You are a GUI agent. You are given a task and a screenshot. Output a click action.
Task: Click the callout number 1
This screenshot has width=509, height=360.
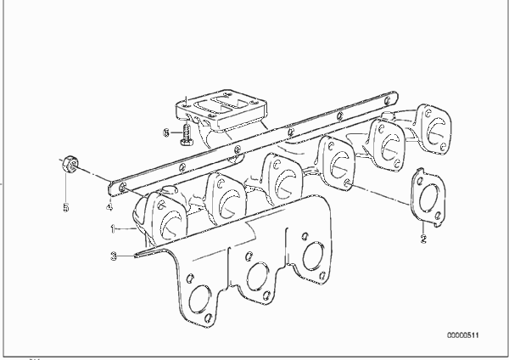[113, 229]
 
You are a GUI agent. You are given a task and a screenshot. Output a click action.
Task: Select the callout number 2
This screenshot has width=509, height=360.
[423, 239]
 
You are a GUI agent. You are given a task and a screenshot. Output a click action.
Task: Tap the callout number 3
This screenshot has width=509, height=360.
[114, 256]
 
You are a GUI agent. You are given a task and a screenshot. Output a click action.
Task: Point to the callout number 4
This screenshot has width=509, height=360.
[109, 206]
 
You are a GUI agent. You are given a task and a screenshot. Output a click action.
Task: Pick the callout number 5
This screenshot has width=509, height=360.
[66, 207]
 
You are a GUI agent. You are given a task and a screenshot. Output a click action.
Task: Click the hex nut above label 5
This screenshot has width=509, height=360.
[70, 164]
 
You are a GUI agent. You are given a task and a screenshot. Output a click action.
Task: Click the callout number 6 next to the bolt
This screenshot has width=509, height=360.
[166, 133]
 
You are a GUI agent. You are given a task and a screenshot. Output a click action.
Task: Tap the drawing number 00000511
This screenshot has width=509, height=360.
[463, 335]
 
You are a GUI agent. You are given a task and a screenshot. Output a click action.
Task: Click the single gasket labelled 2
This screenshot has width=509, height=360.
[428, 197]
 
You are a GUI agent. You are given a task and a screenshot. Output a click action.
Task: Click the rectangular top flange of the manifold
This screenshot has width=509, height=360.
[221, 110]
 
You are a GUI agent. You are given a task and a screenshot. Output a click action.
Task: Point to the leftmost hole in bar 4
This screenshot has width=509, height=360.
[123, 187]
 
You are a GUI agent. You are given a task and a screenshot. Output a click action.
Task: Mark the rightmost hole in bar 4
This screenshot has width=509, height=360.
[388, 100]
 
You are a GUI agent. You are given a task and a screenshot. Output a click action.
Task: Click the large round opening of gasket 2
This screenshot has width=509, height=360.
[428, 197]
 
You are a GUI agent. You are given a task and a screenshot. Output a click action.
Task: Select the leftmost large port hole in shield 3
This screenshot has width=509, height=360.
[199, 300]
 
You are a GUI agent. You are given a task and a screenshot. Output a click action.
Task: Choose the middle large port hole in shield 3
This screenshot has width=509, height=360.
[257, 277]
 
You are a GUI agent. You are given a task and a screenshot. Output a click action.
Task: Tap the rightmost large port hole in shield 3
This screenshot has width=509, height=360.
[313, 256]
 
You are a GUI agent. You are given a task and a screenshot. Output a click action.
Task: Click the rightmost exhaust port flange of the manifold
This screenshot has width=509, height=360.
[434, 129]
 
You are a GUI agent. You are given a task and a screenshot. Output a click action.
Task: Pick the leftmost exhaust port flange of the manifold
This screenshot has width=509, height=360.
[166, 217]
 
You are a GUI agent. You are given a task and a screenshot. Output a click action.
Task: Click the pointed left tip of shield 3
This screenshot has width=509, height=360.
[135, 256]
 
